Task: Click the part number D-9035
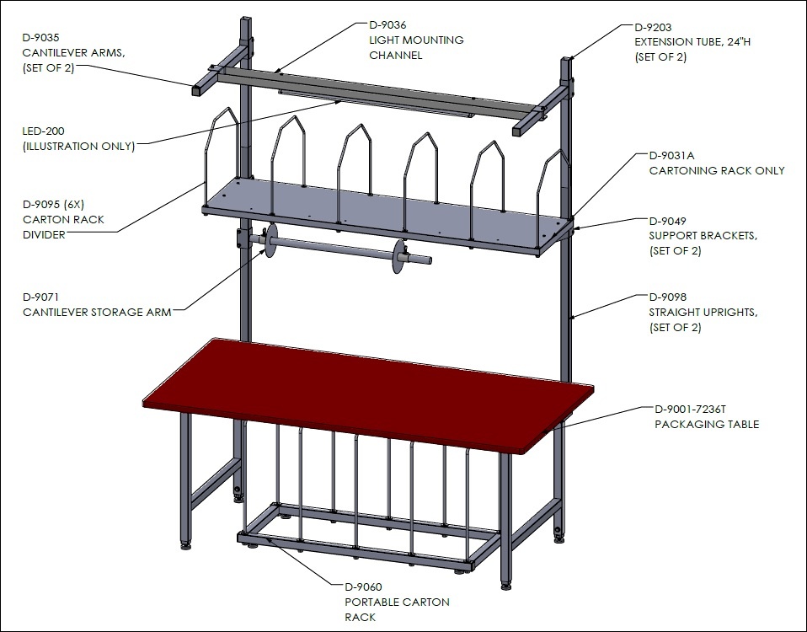point(40,38)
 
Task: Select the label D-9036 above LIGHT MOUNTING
point(387,24)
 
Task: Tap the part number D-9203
point(653,27)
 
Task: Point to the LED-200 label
point(44,131)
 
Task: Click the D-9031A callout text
point(671,155)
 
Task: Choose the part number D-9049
point(667,222)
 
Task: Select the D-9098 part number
point(667,297)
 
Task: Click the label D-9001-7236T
point(690,410)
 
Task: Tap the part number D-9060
point(363,586)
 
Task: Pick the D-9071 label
point(40,297)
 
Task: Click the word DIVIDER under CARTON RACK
point(45,235)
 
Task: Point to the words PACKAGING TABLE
point(707,424)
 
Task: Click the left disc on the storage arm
point(270,240)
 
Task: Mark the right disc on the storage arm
point(399,256)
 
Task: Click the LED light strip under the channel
point(376,103)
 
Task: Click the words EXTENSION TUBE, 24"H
point(692,42)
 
